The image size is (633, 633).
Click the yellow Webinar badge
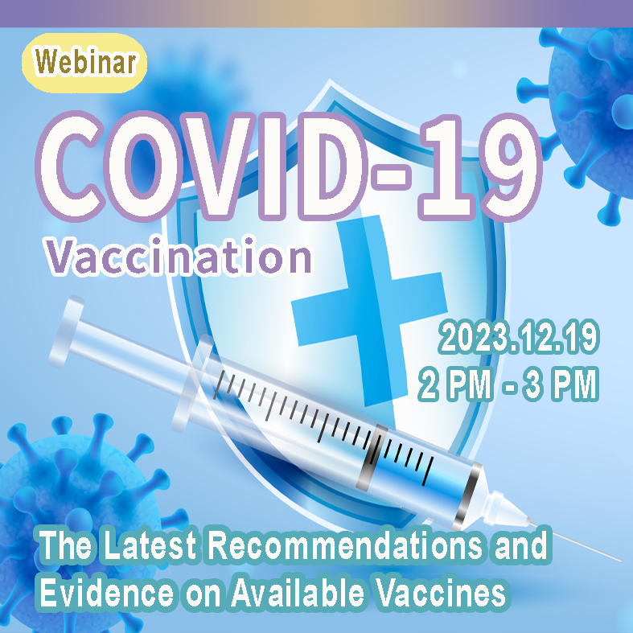point(84,63)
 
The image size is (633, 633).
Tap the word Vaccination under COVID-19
point(179,257)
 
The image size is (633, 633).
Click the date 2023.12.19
point(519,338)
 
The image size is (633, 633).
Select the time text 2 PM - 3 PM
point(508,384)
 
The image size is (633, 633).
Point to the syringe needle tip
point(620,560)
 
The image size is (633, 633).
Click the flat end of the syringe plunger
point(66,331)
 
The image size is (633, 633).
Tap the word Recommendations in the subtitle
point(345,546)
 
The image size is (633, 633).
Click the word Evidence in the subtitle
point(107,593)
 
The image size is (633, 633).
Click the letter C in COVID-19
point(68,166)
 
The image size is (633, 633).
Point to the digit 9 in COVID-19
point(512,167)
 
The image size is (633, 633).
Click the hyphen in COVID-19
point(390,177)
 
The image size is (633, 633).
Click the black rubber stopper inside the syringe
point(372,457)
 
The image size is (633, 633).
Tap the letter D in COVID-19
point(328,167)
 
